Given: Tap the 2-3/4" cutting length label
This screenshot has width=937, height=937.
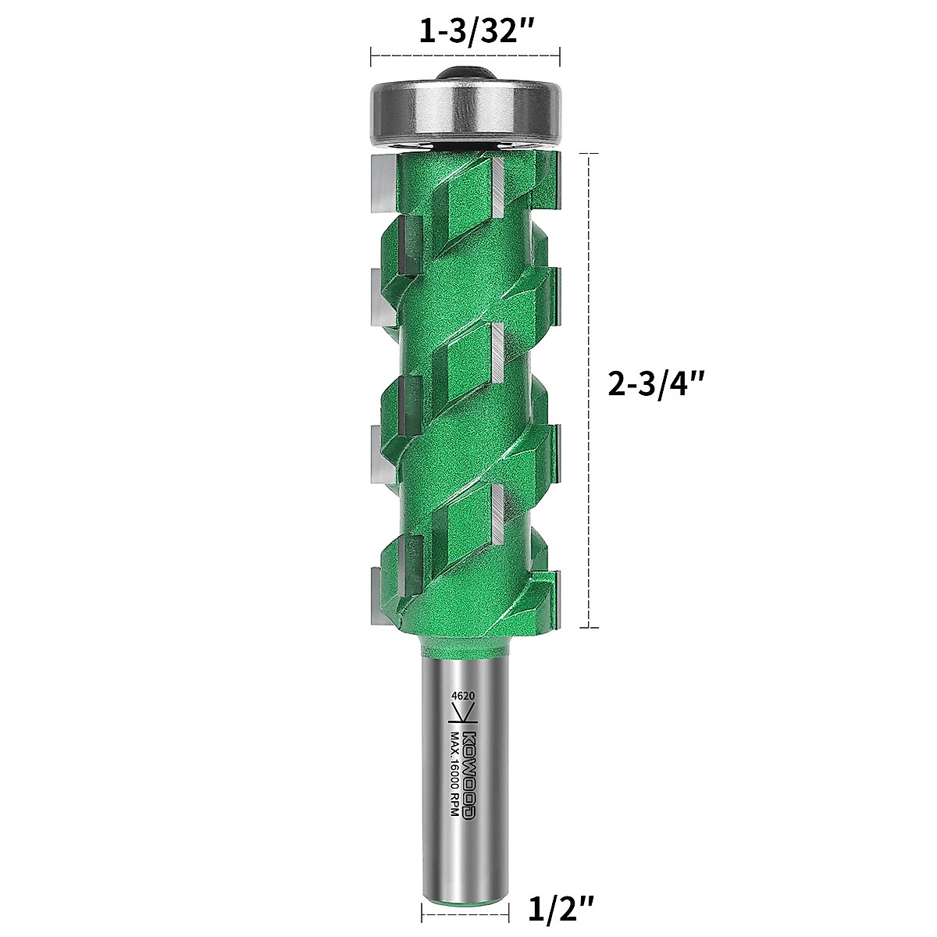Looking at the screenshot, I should pos(657,384).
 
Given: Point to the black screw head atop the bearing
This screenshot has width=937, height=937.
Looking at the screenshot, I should pos(465,70).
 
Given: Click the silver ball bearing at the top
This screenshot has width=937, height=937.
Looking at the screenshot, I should pos(465,109).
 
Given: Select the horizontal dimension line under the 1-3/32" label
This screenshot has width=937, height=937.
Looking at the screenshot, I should pos(465,55).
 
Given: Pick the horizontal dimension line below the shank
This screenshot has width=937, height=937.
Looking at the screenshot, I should pos(465,910).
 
